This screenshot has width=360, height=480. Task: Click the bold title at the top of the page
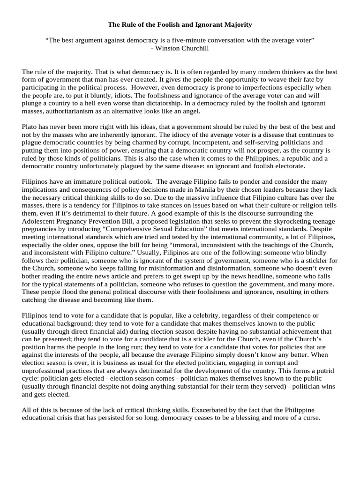point(180,24)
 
